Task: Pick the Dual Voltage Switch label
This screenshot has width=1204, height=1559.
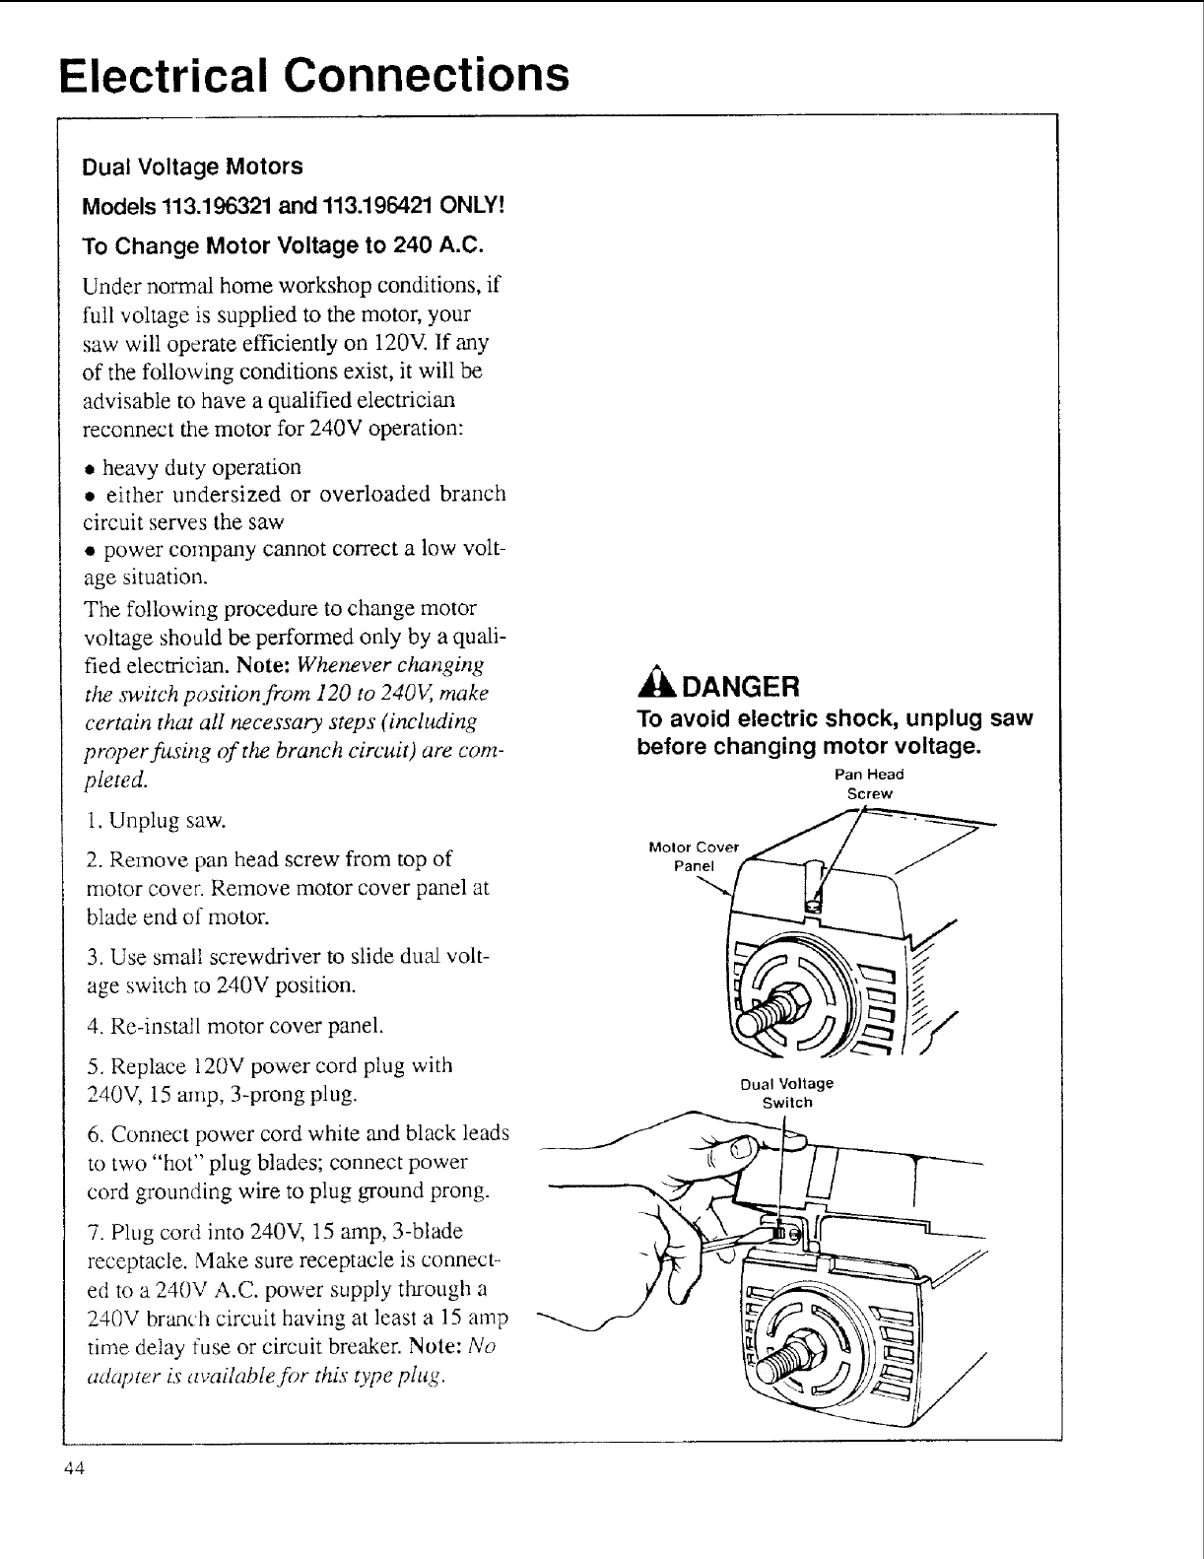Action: [786, 1093]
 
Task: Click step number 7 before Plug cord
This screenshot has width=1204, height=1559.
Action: [92, 1233]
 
